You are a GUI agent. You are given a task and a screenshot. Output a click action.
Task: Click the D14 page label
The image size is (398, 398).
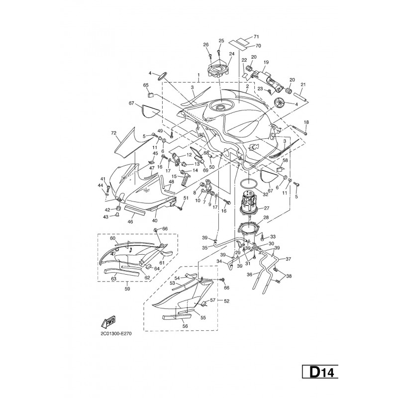point(320,372)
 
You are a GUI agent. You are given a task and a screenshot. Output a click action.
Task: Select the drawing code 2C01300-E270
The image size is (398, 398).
point(116,334)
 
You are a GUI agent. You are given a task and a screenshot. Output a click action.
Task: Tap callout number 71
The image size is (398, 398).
point(256,37)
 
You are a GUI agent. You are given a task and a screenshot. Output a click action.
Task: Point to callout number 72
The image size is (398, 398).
point(114,133)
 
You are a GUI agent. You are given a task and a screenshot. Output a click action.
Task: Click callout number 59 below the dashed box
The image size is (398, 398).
point(127,289)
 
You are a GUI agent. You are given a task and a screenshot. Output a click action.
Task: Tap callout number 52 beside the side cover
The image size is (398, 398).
point(227,301)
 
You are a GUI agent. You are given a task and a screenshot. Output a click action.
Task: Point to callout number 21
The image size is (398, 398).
point(303,85)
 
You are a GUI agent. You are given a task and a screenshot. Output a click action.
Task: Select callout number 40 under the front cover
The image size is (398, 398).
point(155,220)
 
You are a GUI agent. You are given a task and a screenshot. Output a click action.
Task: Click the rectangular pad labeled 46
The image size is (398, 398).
point(135,210)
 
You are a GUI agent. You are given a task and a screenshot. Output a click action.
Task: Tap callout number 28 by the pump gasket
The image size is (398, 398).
point(266,217)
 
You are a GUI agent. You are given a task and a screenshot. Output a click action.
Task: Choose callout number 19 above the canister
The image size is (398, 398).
point(266,62)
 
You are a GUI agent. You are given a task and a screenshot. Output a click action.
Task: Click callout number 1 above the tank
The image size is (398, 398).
point(199,75)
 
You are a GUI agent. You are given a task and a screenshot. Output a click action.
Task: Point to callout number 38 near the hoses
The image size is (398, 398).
point(289,276)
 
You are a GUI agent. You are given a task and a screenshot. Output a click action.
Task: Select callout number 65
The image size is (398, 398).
point(146,85)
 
